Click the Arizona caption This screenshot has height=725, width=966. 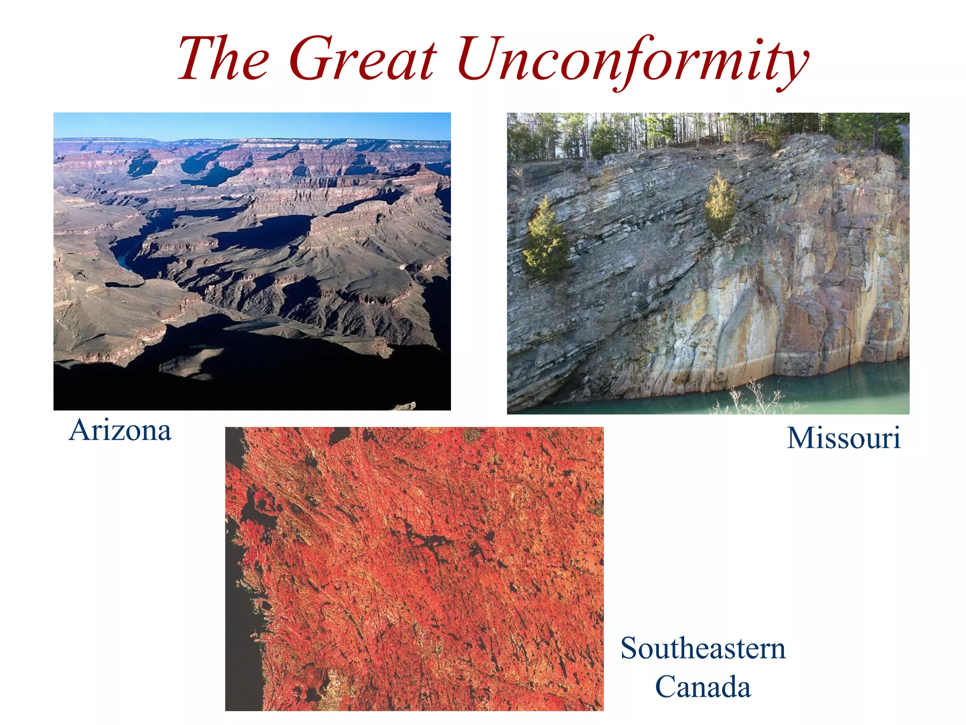click(120, 430)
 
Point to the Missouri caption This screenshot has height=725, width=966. click(843, 438)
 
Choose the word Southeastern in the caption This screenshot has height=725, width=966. click(703, 648)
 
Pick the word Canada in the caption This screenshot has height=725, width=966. click(703, 687)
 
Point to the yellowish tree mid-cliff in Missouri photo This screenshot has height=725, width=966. click(719, 203)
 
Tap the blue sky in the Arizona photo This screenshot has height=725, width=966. click(252, 125)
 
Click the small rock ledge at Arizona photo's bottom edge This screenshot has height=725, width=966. click(405, 406)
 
